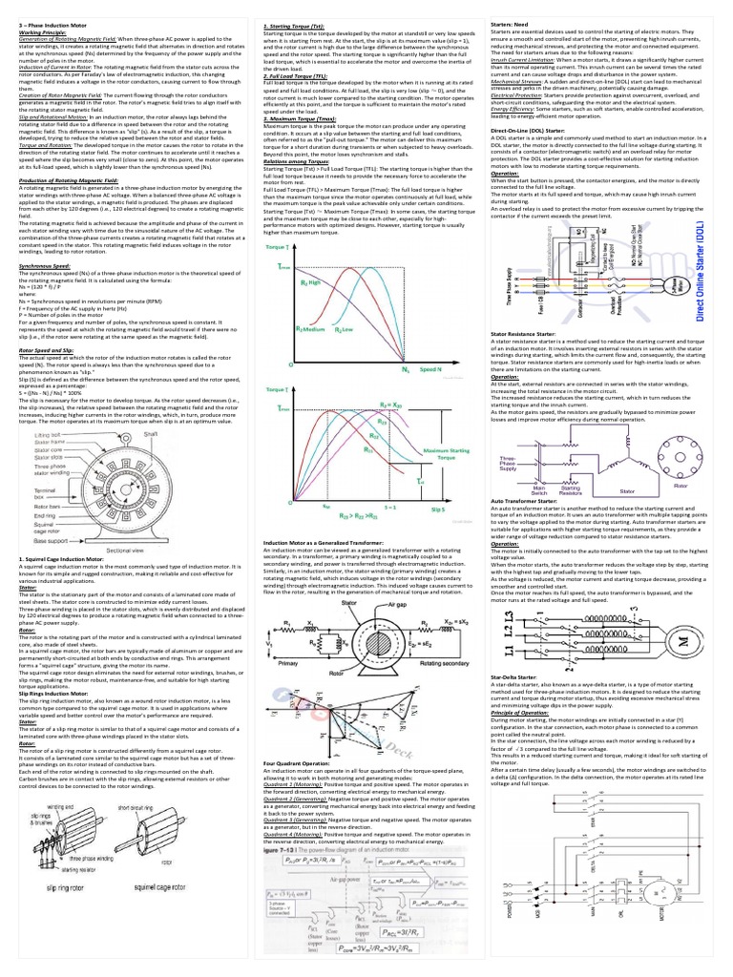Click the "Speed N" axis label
(x=458, y=368)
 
